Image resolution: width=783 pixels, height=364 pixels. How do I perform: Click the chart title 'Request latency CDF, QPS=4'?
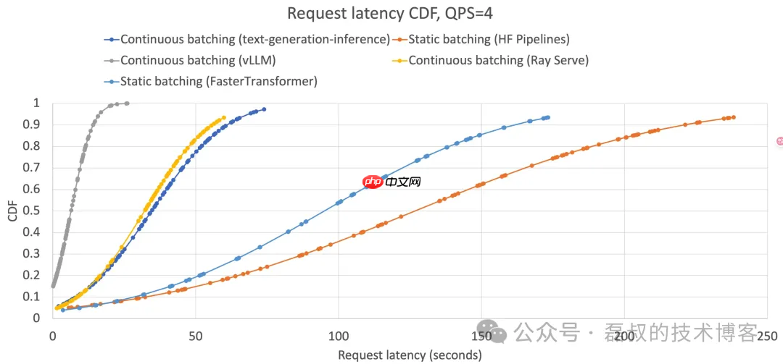(x=391, y=13)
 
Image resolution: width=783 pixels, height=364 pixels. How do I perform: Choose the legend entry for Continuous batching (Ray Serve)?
(x=498, y=60)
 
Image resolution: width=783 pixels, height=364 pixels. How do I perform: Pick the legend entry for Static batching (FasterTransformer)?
(x=218, y=81)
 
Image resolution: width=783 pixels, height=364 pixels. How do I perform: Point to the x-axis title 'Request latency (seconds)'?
(x=410, y=355)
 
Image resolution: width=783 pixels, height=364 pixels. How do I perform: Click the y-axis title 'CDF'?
(x=13, y=211)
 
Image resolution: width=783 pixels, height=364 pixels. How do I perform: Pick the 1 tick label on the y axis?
(x=38, y=103)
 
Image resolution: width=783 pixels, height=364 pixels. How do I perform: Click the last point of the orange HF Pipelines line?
(x=734, y=117)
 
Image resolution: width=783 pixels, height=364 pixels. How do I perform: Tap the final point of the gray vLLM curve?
(x=127, y=103)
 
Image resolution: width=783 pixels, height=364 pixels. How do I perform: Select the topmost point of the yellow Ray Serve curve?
(x=224, y=117)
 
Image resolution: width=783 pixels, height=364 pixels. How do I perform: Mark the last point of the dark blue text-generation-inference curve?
(x=264, y=109)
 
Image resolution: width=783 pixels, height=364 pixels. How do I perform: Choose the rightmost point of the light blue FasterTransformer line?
(x=548, y=117)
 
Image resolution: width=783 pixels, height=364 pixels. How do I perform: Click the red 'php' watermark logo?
(x=373, y=182)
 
